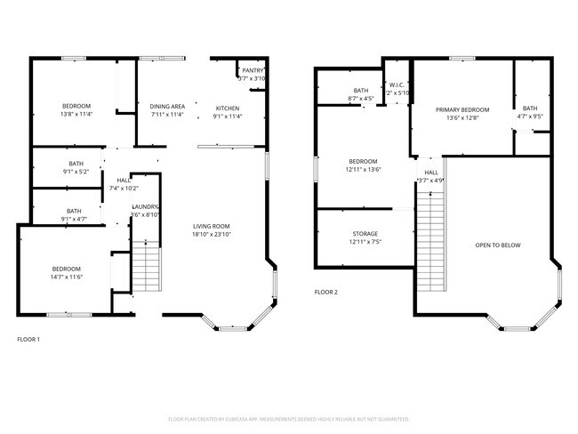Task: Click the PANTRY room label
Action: click(x=253, y=70)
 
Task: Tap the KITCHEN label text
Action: click(x=229, y=108)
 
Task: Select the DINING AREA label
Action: click(x=167, y=106)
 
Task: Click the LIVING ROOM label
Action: click(x=212, y=226)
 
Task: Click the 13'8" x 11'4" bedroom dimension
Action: click(x=76, y=115)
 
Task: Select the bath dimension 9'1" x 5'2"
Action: click(x=76, y=172)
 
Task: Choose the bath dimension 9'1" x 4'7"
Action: click(x=76, y=218)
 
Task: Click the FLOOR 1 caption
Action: click(x=28, y=339)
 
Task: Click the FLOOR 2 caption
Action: click(x=325, y=292)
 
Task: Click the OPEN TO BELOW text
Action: click(x=498, y=245)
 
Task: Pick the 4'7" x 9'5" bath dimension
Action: click(x=530, y=117)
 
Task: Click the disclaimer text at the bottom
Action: click(x=288, y=418)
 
